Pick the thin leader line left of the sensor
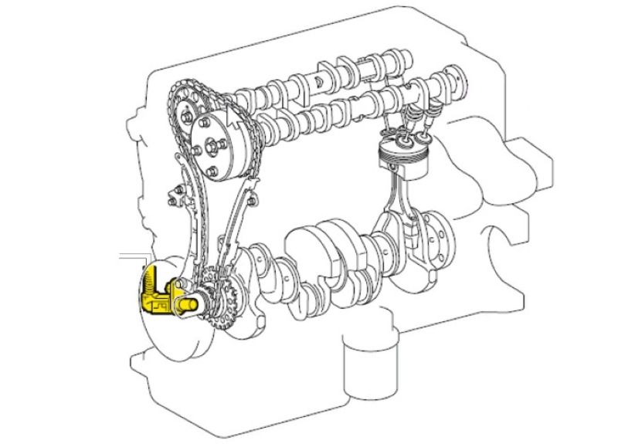coord(131,254)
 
